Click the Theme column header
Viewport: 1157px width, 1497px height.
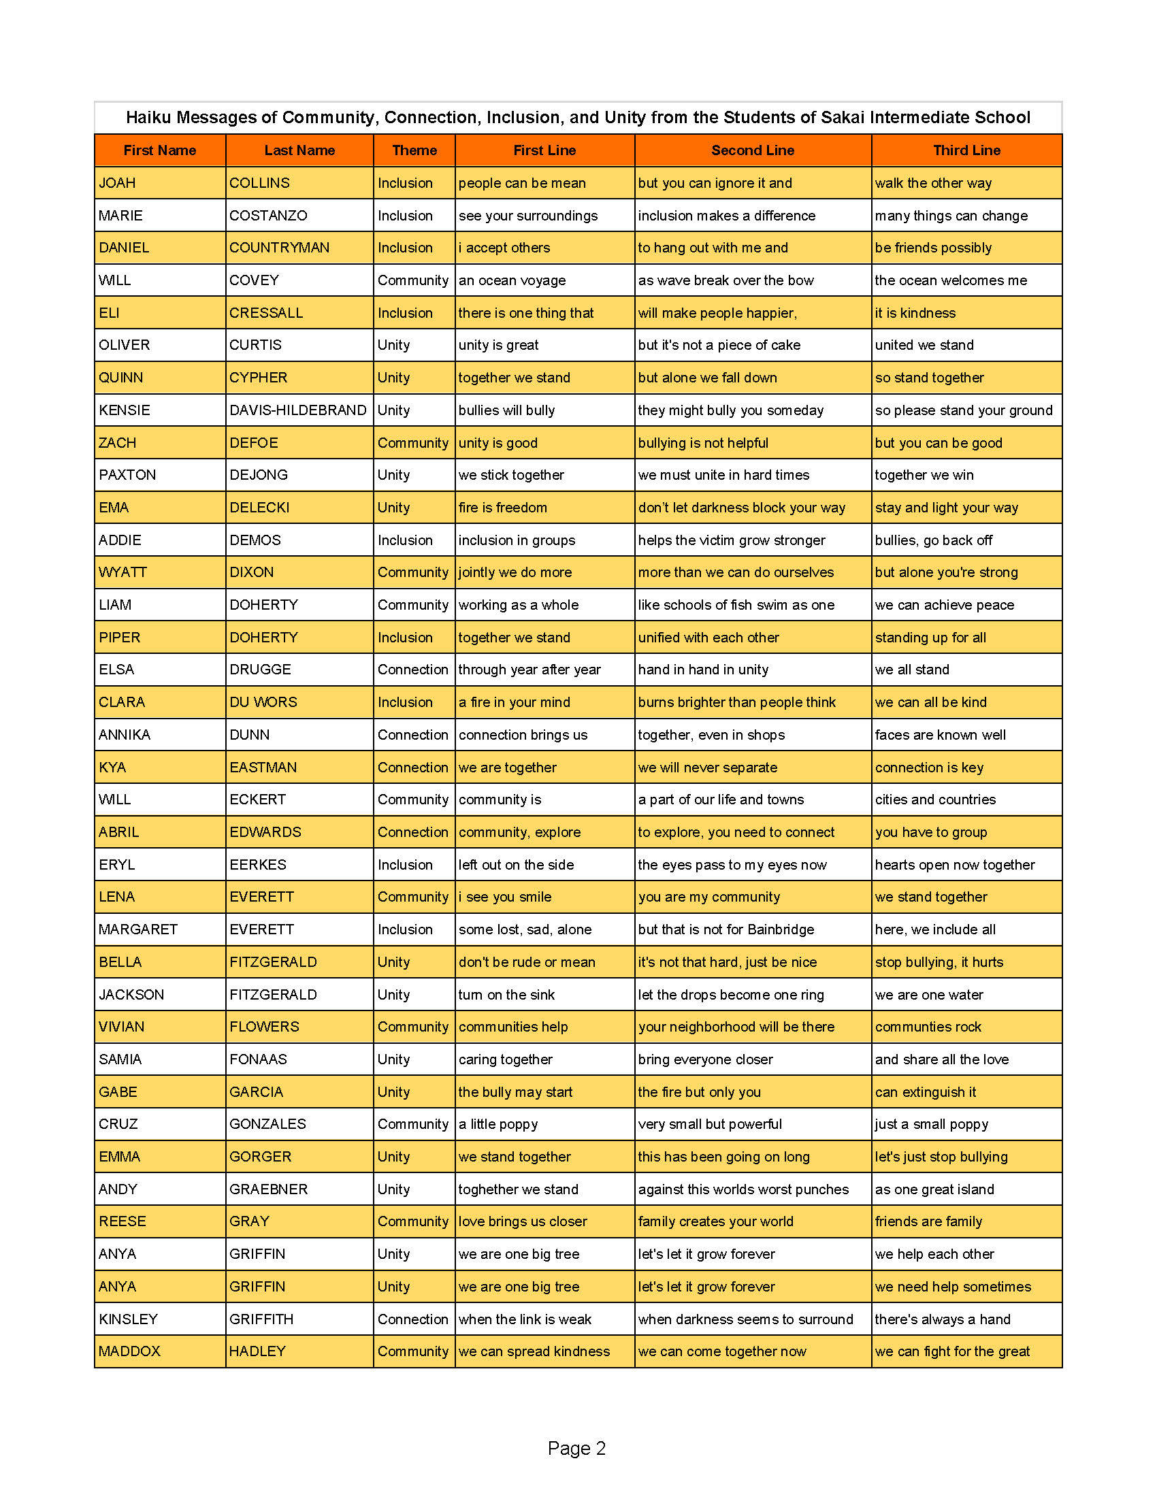click(x=414, y=150)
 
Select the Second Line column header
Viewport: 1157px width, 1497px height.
click(x=752, y=150)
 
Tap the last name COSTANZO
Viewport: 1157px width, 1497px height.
click(x=268, y=215)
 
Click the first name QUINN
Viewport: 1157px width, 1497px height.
click(x=120, y=378)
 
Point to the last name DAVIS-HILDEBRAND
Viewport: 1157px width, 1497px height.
click(x=297, y=410)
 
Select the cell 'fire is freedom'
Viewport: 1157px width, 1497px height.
click(x=502, y=507)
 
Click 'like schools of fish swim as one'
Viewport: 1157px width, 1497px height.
click(x=736, y=604)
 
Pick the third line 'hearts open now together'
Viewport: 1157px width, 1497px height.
click(x=954, y=864)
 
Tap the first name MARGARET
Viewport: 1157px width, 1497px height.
click(x=137, y=930)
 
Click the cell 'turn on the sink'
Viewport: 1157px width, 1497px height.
click(x=506, y=995)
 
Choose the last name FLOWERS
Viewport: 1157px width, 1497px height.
click(x=264, y=1027)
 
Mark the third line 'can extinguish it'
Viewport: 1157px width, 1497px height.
click(x=925, y=1092)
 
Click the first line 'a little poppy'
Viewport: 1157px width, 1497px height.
click(x=498, y=1124)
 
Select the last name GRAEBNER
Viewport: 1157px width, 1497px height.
click(x=268, y=1189)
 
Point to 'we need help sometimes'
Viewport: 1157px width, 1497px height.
click(x=952, y=1287)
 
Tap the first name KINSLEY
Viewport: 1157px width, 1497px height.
click(x=128, y=1319)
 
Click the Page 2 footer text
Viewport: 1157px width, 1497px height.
click(x=576, y=1448)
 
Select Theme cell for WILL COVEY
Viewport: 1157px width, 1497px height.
click(x=412, y=280)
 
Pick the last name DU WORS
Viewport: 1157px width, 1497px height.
click(x=263, y=702)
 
